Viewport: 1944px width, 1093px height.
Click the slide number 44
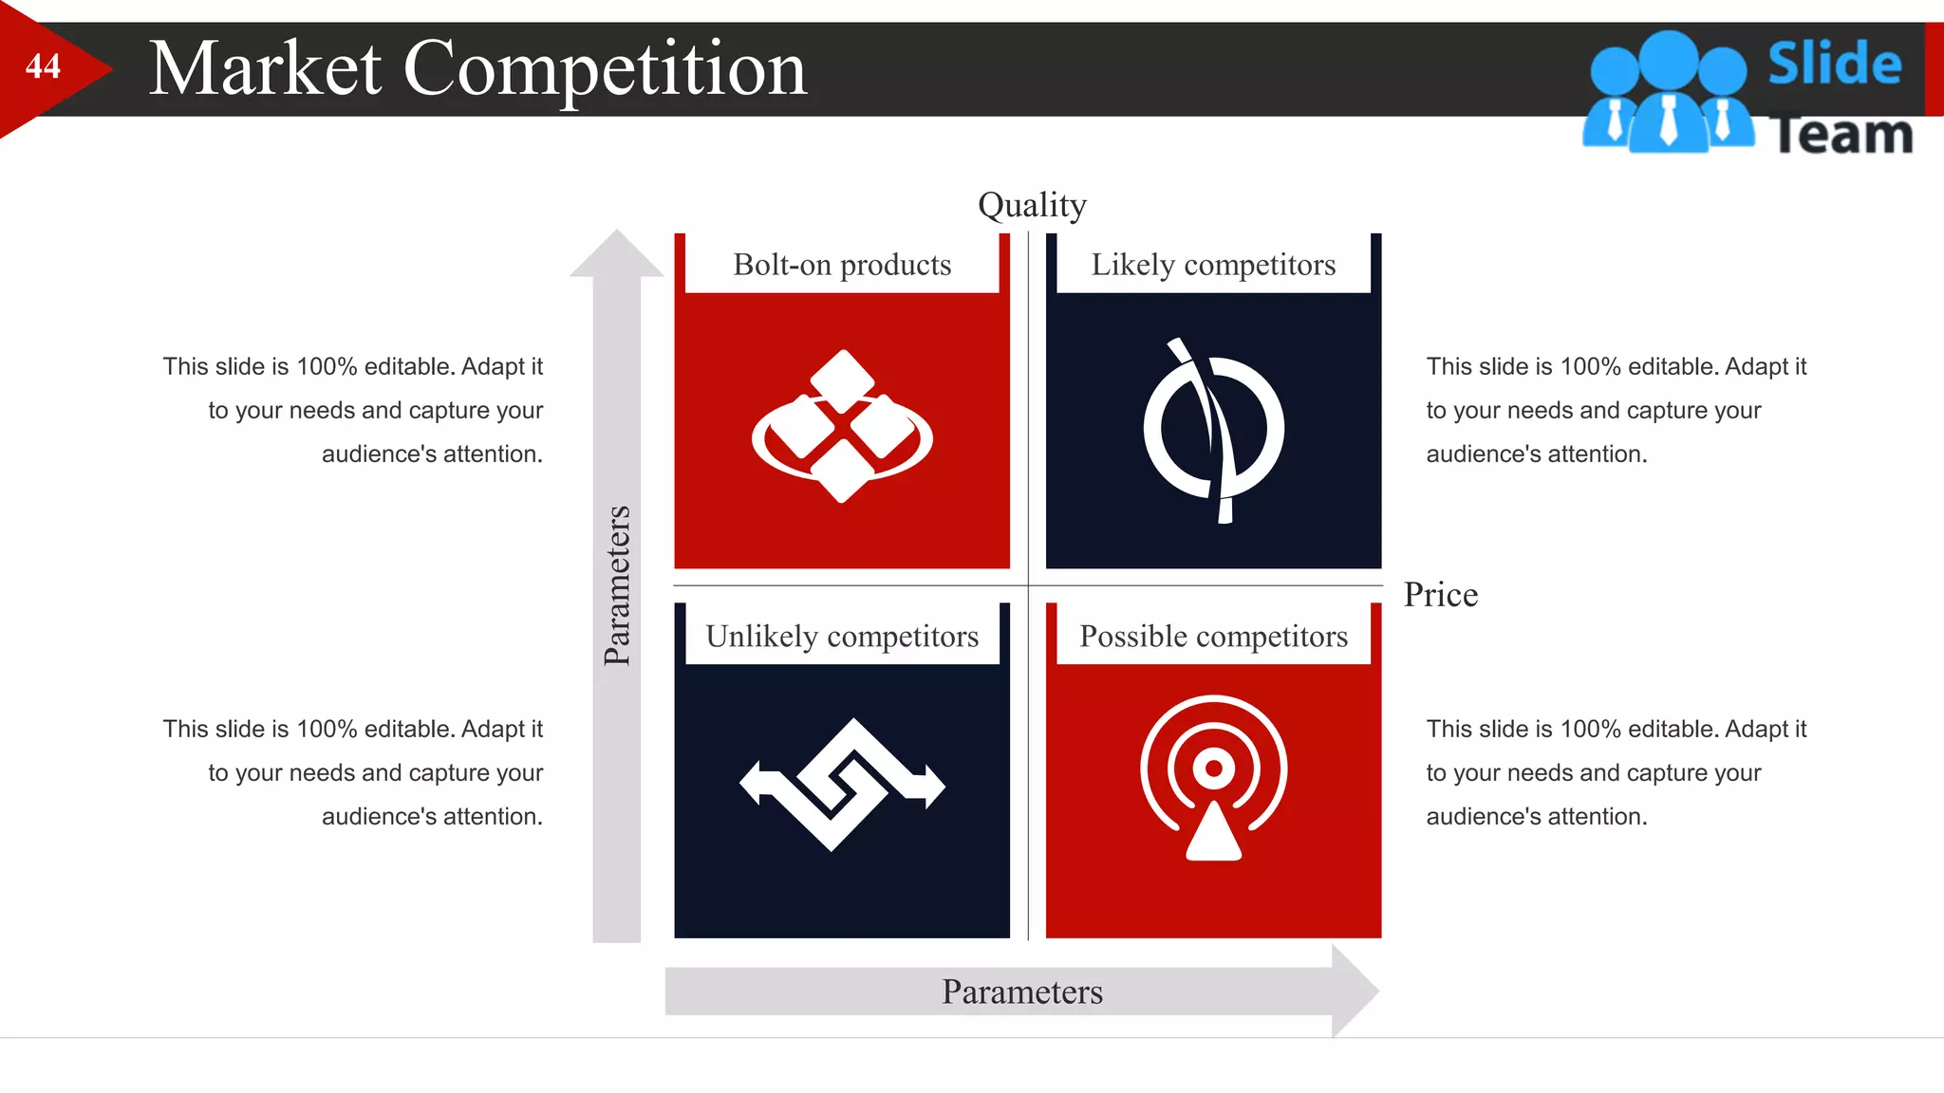coord(43,66)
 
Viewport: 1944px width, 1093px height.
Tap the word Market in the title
coord(266,69)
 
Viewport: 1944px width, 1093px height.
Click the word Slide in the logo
coord(1834,64)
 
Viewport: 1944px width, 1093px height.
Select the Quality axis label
coord(1032,205)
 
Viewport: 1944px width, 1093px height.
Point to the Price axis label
coord(1440,595)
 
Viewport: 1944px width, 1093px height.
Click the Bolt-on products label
coord(842,265)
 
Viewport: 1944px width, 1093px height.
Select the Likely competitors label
coord(1213,265)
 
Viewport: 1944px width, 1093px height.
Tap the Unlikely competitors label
coord(842,636)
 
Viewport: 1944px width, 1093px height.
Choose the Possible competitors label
coord(1213,636)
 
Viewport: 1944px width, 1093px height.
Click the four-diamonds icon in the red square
coord(842,427)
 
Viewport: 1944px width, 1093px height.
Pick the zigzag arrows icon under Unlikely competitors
coord(842,785)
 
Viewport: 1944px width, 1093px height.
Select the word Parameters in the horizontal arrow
coord(1021,992)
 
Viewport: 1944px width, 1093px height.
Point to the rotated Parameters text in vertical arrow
coord(617,585)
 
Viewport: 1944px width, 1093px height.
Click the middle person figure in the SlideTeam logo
coord(1668,95)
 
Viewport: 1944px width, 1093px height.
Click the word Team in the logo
coord(1841,134)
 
